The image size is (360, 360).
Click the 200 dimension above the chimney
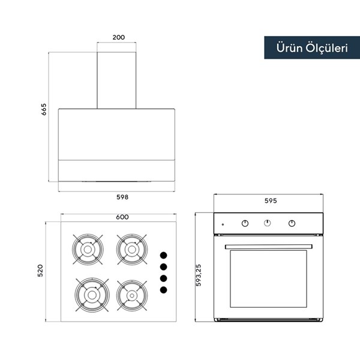point(119,37)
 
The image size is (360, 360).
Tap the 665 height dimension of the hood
point(44,109)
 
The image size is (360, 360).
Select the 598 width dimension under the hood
point(122,197)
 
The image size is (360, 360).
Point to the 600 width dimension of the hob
point(122,217)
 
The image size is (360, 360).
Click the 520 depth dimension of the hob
point(40,271)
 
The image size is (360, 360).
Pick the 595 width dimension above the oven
point(271,200)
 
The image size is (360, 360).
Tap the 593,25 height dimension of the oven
point(199,275)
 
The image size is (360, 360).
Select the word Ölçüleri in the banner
point(327,48)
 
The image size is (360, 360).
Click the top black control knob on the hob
point(163,256)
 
